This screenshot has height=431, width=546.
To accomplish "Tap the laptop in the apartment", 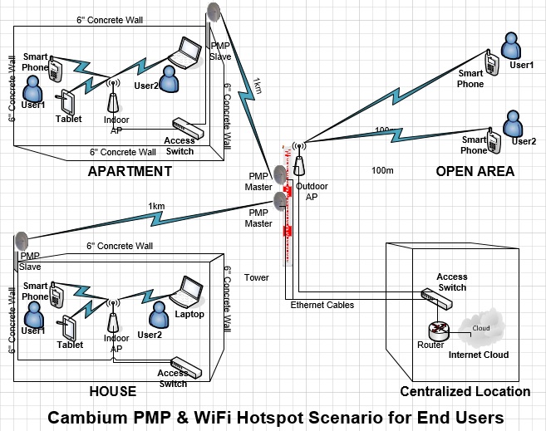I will pyautogui.click(x=186, y=52).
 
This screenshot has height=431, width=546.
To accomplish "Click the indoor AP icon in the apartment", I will pyautogui.click(x=114, y=100).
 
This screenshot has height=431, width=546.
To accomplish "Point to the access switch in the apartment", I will pyautogui.click(x=187, y=128).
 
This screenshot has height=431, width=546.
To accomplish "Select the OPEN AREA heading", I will pyautogui.click(x=475, y=171).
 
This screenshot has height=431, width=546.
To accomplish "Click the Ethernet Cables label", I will pyautogui.click(x=322, y=306).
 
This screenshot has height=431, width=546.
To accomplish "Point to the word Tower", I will pyautogui.click(x=257, y=277).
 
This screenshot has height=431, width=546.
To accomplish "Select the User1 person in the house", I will pyautogui.click(x=33, y=315).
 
